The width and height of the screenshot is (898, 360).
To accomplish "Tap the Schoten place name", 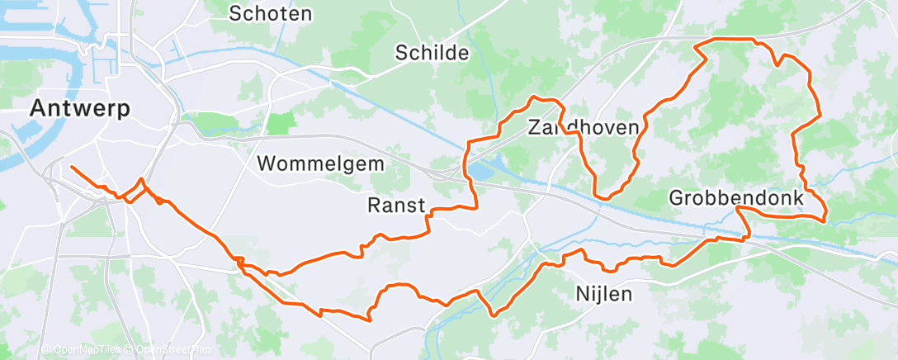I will tap(271, 13).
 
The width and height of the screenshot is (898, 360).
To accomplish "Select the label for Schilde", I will tap(432, 54).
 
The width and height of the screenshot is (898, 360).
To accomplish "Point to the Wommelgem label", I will tap(320, 163).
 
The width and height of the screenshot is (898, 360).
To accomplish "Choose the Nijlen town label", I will tap(603, 293).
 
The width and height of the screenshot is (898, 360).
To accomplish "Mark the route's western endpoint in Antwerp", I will tap(72, 167).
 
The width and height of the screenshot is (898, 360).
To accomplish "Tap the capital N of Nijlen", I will tap(580, 293).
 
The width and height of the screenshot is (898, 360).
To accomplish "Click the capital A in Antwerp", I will tap(39, 107).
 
